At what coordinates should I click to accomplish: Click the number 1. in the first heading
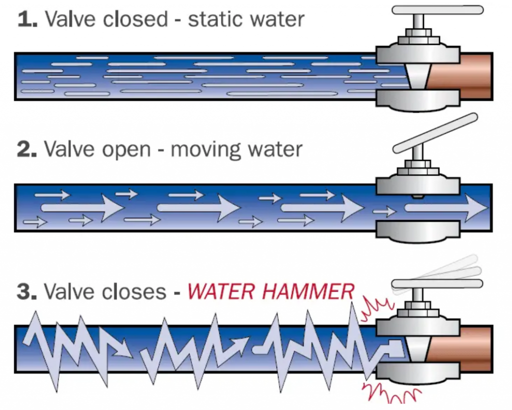pyautogui.click(x=27, y=19)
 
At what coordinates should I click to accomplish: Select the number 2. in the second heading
pyautogui.click(x=28, y=149)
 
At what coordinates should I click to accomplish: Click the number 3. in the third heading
pyautogui.click(x=28, y=292)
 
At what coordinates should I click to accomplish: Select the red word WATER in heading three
pyautogui.click(x=218, y=292)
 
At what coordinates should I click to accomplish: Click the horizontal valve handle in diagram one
pyautogui.click(x=437, y=9)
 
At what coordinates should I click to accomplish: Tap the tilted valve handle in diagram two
pyautogui.click(x=434, y=133)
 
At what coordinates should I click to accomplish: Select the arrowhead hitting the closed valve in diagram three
pyautogui.click(x=394, y=348)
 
